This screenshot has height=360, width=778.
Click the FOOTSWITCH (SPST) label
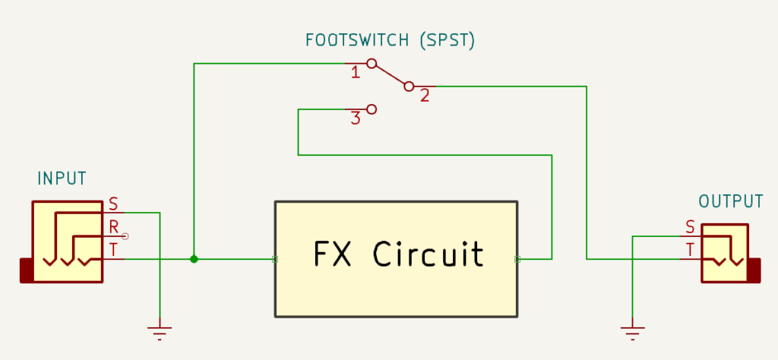[390, 40]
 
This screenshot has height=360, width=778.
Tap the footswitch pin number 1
[355, 73]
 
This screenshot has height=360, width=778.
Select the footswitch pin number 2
[425, 96]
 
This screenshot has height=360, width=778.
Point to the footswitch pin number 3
[355, 118]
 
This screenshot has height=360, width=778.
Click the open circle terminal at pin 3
[372, 109]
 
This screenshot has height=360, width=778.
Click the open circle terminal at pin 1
[372, 64]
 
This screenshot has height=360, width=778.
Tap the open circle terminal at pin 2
[409, 87]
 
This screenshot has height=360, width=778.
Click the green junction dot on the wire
[194, 259]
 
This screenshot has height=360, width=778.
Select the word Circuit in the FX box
[428, 254]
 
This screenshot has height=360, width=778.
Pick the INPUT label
[62, 179]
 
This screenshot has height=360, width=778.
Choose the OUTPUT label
[730, 202]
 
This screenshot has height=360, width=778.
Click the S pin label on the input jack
[113, 204]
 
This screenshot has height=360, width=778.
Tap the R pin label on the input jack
[114, 226]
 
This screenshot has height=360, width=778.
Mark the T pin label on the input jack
[113, 249]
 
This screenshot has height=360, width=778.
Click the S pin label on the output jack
[690, 226]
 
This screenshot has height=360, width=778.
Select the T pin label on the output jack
[690, 249]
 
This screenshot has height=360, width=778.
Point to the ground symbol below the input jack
[160, 331]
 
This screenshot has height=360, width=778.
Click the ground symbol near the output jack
[632, 331]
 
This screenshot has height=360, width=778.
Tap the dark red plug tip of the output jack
[754, 270]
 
